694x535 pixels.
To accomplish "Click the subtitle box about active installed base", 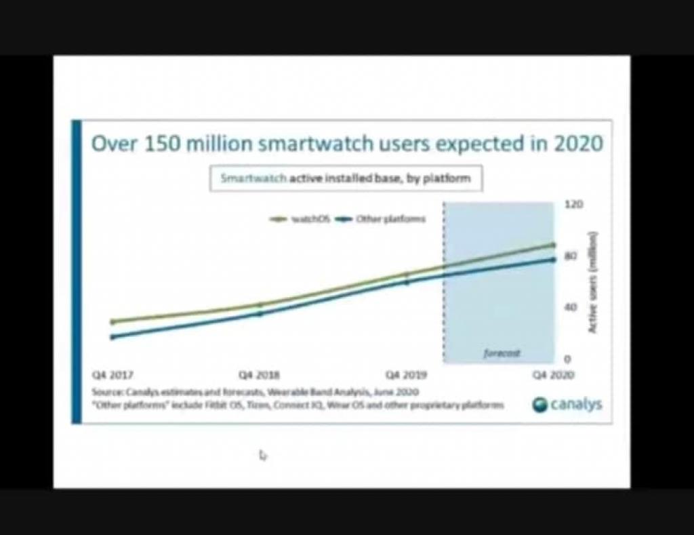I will [x=346, y=179].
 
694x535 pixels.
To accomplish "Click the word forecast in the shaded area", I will [x=502, y=353].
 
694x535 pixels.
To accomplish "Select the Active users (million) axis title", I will [x=592, y=281].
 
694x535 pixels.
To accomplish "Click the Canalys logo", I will [x=567, y=405].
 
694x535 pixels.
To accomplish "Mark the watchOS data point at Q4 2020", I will [x=553, y=245].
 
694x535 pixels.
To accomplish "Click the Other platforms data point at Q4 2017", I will [x=113, y=337].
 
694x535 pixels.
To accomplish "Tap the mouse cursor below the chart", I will [x=262, y=455].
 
